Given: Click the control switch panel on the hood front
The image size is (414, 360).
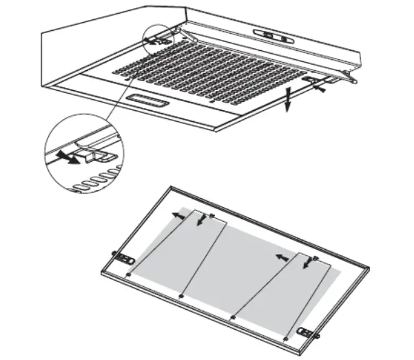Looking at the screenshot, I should [x=273, y=33].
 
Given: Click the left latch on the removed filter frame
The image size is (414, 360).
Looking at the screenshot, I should [x=124, y=259].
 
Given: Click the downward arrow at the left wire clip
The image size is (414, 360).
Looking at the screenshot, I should [x=201, y=220].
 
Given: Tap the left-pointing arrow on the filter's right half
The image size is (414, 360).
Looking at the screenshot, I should [x=281, y=257].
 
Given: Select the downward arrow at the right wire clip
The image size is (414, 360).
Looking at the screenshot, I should [x=306, y=263].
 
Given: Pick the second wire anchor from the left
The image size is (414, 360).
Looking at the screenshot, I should [x=180, y=296].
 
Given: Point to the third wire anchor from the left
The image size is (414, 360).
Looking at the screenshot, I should [x=233, y=317].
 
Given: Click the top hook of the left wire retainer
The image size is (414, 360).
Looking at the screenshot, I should [x=211, y=216].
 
